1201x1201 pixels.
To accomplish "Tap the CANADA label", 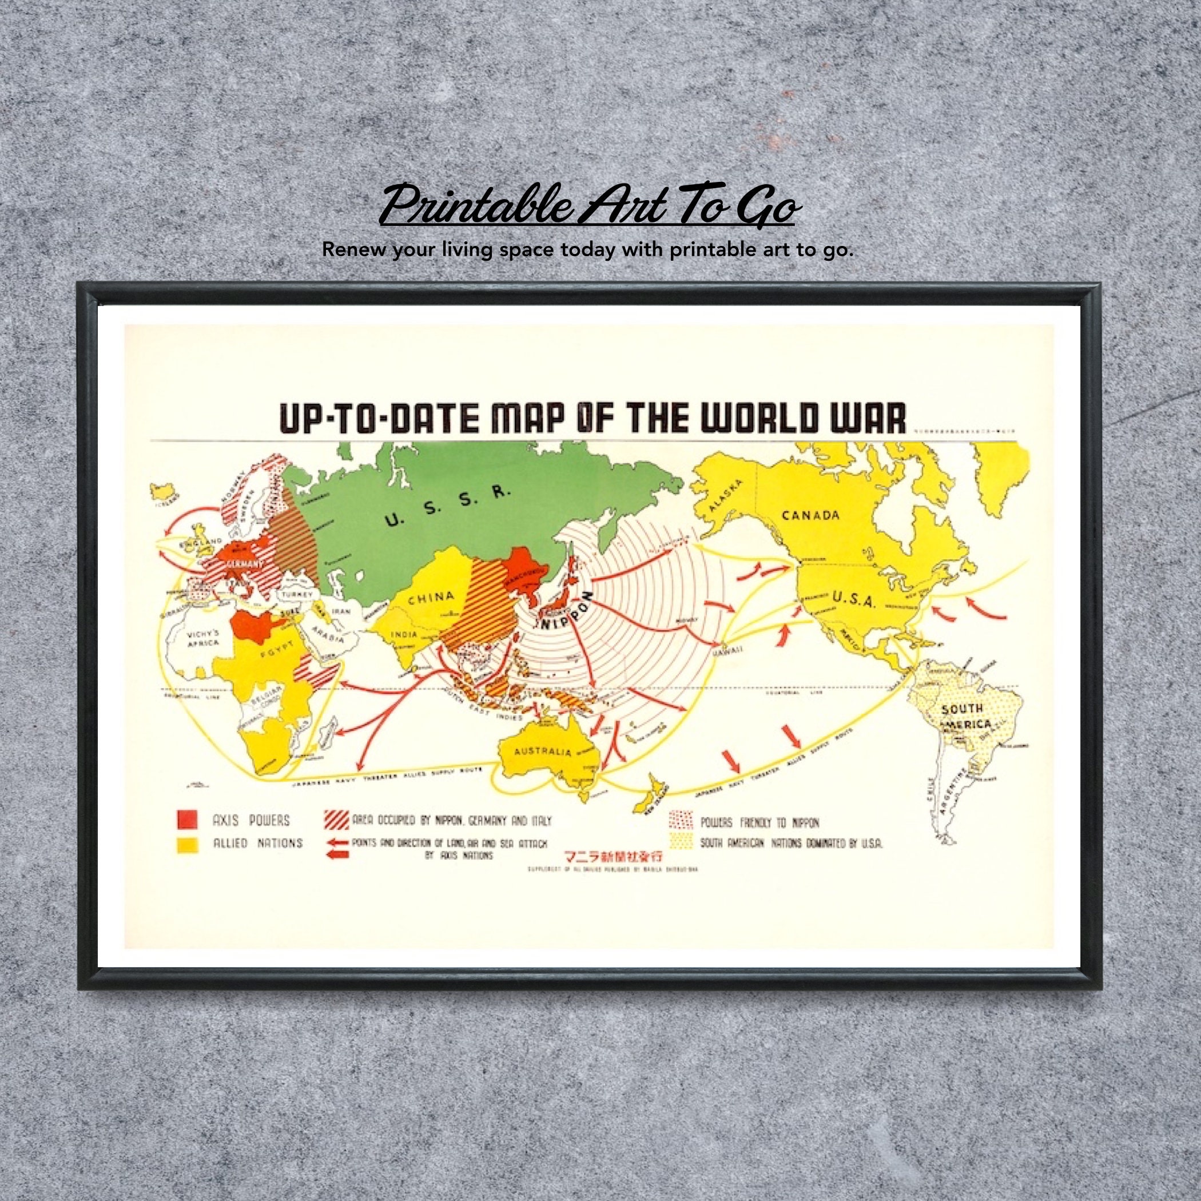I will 810,515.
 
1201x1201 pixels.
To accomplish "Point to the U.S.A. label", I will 853,600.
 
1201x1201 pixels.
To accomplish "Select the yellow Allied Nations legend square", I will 187,845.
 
